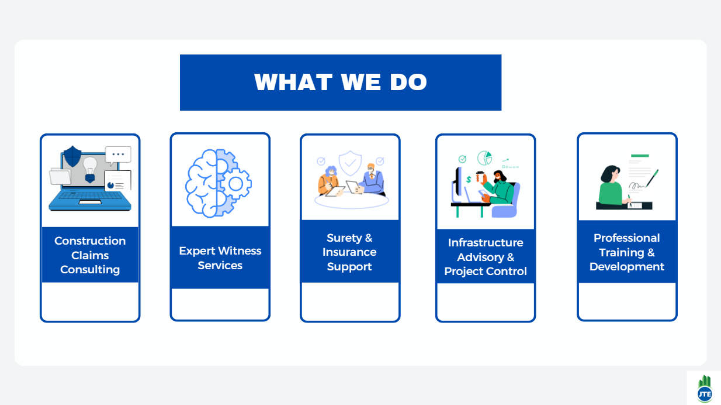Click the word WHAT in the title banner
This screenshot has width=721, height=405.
click(x=293, y=82)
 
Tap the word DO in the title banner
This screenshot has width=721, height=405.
click(x=408, y=82)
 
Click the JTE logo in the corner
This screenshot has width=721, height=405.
click(x=705, y=389)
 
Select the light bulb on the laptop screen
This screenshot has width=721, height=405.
click(x=90, y=170)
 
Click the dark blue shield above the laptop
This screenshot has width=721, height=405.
click(x=72, y=156)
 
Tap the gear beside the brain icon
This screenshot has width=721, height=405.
click(x=235, y=184)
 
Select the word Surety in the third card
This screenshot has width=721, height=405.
click(x=344, y=238)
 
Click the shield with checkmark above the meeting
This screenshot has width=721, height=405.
click(x=350, y=163)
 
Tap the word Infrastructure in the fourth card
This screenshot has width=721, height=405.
click(x=486, y=242)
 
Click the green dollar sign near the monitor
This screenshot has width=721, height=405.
click(x=469, y=179)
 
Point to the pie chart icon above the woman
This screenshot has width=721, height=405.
click(x=485, y=158)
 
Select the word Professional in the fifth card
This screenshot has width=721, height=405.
click(x=627, y=238)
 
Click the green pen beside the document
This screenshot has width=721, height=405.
click(x=652, y=178)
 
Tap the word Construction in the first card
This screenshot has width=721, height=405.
click(x=90, y=241)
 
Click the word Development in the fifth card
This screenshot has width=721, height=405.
click(x=627, y=267)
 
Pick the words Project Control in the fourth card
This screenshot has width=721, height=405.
click(x=486, y=272)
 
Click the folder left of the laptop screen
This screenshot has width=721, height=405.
click(x=60, y=177)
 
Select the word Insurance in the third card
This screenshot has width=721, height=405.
click(x=349, y=252)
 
